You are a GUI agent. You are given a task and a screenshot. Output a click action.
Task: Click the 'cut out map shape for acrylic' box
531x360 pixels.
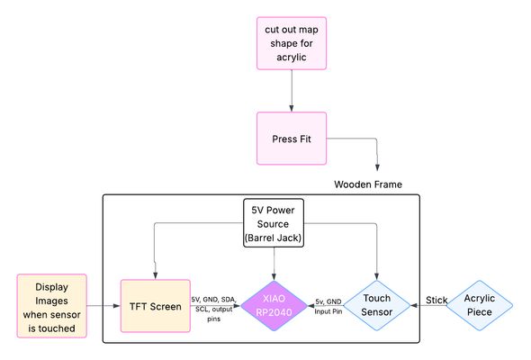[x=292, y=43]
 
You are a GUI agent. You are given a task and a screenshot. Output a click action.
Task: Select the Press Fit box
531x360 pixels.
[x=292, y=139]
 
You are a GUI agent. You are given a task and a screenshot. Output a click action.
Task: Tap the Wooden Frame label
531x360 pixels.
[x=368, y=184]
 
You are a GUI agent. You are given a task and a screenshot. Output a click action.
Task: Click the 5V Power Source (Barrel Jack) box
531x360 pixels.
[x=274, y=223]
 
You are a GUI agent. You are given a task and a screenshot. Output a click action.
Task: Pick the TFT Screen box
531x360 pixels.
[x=156, y=306]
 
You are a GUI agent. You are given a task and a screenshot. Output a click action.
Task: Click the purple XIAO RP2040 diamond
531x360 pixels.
[x=274, y=305]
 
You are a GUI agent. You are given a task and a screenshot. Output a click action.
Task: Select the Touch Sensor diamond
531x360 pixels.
[x=376, y=305]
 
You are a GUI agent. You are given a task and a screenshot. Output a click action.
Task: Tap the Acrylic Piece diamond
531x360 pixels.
[x=479, y=305]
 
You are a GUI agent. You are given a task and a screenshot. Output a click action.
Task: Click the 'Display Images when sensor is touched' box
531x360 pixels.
[x=52, y=306]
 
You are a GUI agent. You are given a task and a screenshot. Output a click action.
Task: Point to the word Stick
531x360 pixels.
[x=436, y=300]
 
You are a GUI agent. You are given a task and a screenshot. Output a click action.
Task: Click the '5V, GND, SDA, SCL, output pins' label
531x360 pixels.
[x=213, y=310]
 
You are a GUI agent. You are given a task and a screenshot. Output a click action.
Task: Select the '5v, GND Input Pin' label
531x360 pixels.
[x=328, y=307]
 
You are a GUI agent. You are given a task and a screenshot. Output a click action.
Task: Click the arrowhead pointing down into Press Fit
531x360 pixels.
[x=292, y=108]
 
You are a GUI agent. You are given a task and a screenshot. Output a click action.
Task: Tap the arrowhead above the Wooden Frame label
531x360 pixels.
[x=377, y=167]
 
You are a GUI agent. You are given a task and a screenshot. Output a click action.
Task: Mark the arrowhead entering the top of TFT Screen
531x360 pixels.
[x=155, y=275]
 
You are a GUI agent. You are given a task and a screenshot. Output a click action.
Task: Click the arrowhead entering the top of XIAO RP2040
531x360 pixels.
[x=274, y=276]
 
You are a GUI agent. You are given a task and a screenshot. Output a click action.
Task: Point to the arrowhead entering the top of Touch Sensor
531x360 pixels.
[x=376, y=276]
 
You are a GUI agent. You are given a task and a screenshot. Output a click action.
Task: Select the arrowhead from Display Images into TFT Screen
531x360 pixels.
[x=116, y=306]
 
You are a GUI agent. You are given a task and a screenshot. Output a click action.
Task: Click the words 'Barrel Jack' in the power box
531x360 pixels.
[x=274, y=238]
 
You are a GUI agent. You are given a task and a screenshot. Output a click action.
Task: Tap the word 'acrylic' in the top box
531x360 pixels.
[x=292, y=58]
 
